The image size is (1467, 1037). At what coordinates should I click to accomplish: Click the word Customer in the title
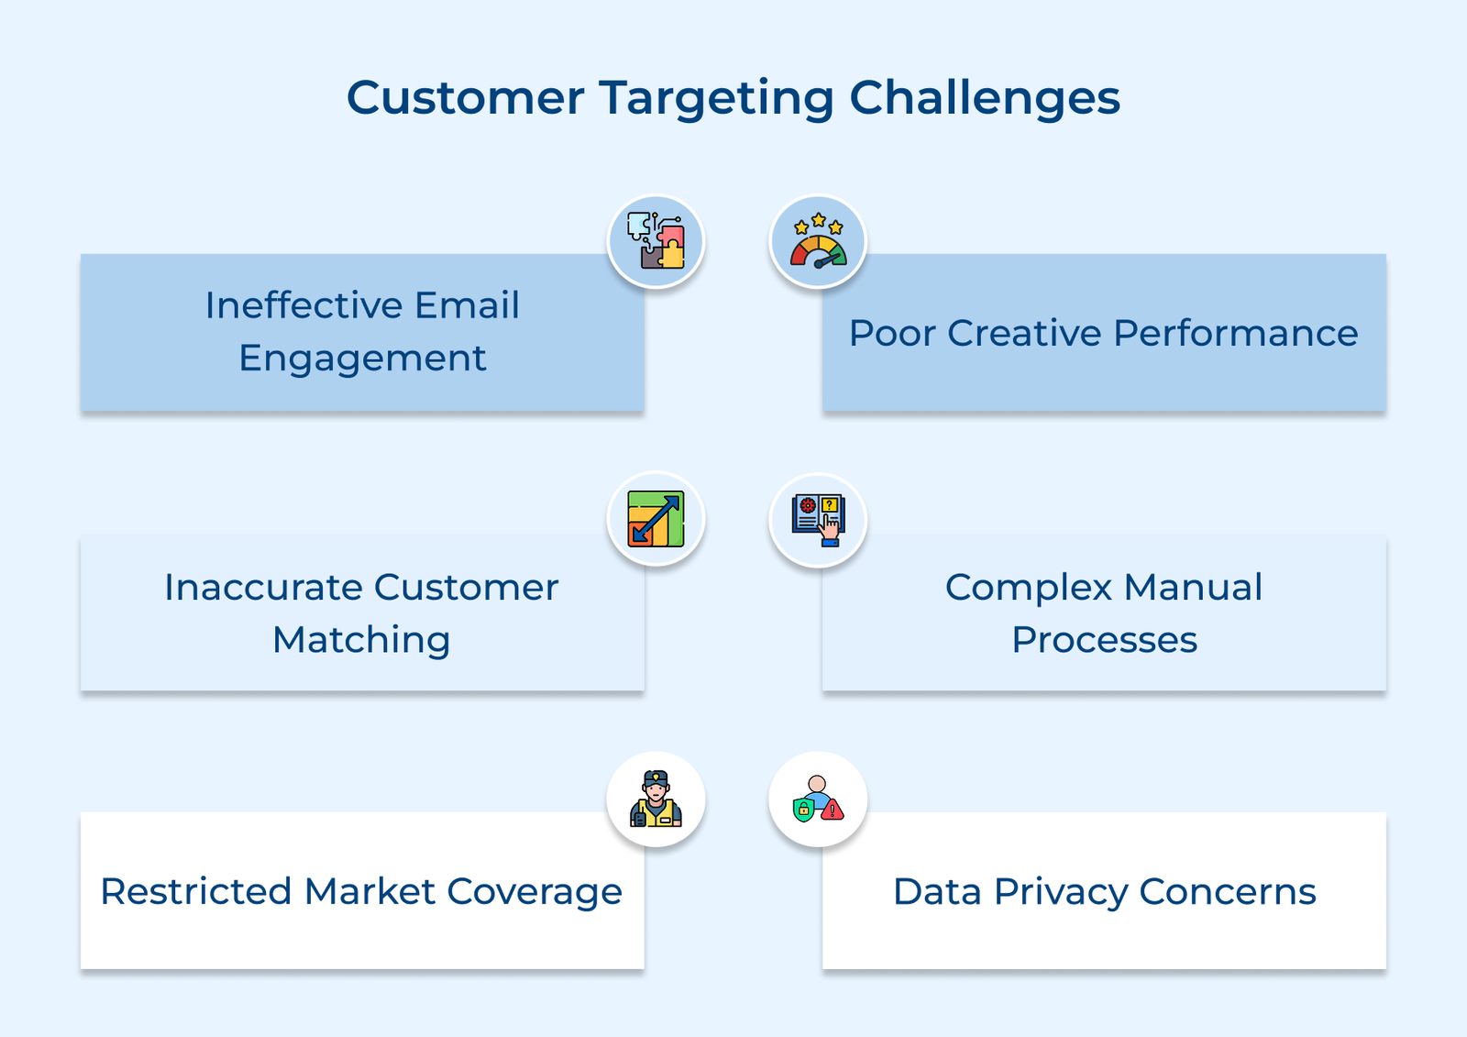tap(465, 97)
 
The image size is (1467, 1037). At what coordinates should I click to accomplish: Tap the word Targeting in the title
tap(716, 99)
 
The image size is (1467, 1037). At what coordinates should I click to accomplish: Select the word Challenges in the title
tap(984, 97)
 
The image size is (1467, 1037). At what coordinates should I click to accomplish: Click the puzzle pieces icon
tap(656, 241)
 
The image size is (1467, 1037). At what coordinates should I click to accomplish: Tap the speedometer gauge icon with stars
tap(818, 242)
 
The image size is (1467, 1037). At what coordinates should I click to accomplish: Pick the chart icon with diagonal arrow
tap(656, 519)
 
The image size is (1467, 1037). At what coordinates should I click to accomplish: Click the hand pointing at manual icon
tap(818, 520)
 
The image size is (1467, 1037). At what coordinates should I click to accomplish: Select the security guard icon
tap(656, 799)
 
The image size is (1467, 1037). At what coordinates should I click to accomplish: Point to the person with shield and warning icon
tap(818, 799)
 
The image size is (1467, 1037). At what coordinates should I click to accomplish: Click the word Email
tap(467, 305)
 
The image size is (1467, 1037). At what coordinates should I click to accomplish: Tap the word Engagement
tap(362, 359)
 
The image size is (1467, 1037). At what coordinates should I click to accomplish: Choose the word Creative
tap(1024, 333)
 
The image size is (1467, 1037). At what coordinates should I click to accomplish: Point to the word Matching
tap(361, 640)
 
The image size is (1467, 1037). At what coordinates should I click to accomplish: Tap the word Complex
tap(1028, 588)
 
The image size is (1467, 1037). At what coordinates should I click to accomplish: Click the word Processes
tap(1104, 640)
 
